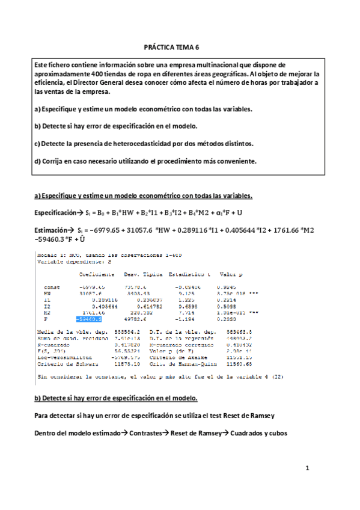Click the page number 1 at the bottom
point(307,467)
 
